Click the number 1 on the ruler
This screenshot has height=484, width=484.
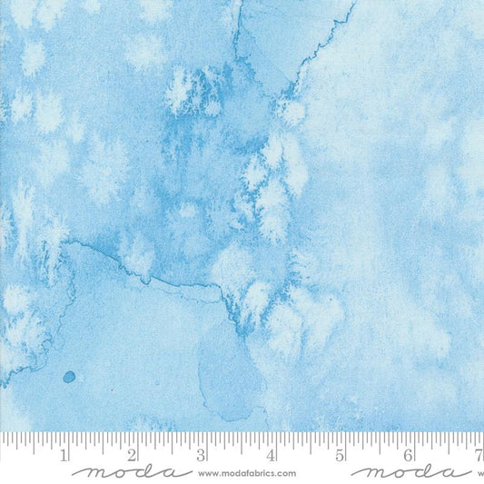click(64, 455)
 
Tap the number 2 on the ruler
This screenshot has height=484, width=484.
click(133, 455)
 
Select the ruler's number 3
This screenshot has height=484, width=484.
click(202, 455)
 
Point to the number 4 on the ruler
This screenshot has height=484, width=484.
click(271, 455)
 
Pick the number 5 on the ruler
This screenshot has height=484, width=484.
click(340, 455)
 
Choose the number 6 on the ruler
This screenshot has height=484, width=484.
click(409, 455)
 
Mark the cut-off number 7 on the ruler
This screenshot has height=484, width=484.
click(478, 455)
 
